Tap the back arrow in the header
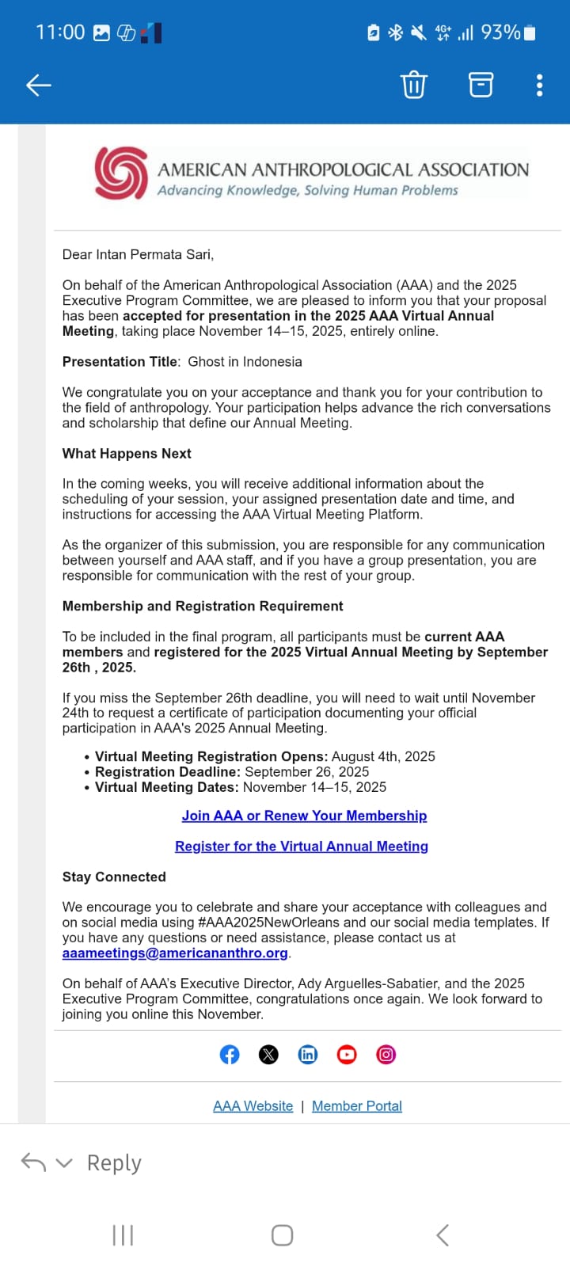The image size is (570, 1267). coord(38,85)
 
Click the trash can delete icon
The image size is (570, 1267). coord(413,84)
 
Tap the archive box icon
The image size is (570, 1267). coord(481,84)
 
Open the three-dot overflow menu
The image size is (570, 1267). coord(539,85)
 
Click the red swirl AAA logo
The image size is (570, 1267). coord(121,172)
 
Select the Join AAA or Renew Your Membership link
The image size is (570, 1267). coord(304,816)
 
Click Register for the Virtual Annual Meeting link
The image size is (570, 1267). coord(302,847)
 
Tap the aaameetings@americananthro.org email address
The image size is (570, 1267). coord(175,953)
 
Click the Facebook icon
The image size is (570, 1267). coord(230,1055)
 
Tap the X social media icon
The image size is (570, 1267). coord(268,1055)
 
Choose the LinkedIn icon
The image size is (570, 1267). coord(308,1055)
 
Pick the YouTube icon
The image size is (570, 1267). coord(347,1055)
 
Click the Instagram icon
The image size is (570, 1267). coord(386,1055)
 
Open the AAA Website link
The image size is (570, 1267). coord(253,1106)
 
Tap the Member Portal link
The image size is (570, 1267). coord(357,1106)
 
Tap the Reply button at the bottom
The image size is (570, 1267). coord(113,1162)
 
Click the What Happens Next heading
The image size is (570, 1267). coord(127,454)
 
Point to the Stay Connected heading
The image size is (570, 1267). coord(114,877)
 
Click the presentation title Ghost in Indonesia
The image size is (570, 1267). coord(245,362)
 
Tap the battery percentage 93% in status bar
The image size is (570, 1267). coord(500,32)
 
